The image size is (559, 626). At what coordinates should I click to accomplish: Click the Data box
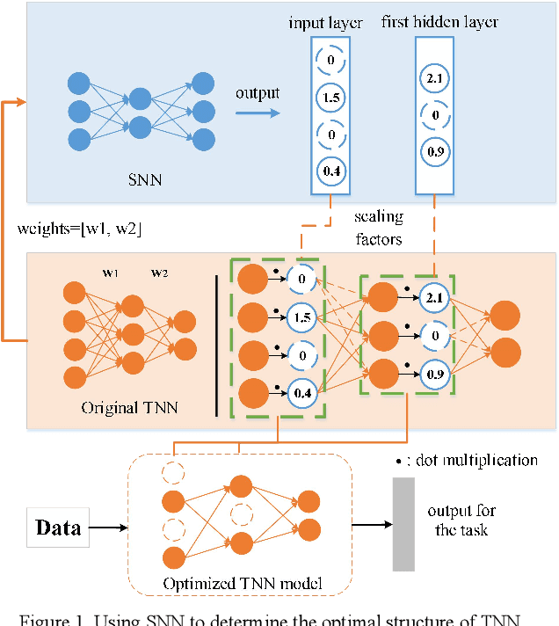[58, 528]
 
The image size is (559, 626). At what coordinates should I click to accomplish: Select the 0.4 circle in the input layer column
[332, 170]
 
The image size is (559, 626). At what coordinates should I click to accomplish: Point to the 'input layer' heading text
[325, 22]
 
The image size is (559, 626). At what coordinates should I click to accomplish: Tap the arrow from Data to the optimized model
[109, 528]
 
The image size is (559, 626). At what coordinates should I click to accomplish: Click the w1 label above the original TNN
[111, 273]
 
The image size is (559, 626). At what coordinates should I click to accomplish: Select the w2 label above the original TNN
[159, 273]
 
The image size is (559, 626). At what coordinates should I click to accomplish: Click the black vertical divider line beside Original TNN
[215, 344]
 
